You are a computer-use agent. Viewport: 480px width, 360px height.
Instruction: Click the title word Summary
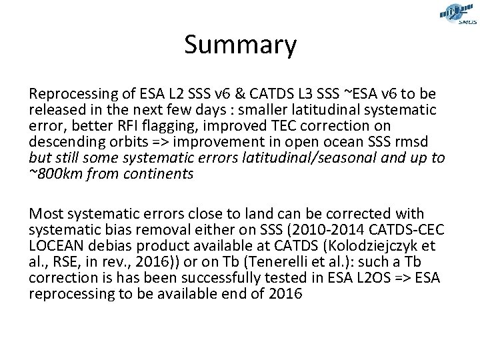pyautogui.click(x=240, y=46)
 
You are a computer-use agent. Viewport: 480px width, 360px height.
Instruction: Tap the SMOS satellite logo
pyautogui.click(x=457, y=14)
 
